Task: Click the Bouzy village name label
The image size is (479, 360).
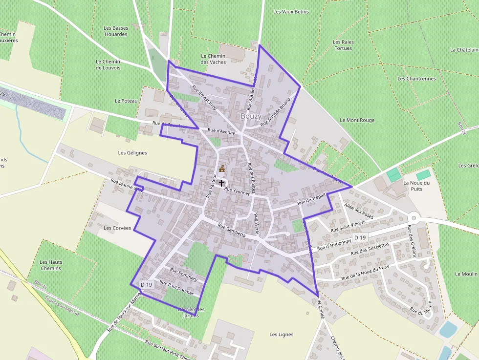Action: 251,116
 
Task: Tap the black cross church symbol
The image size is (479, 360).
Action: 221,183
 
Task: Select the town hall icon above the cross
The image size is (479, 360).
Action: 222,169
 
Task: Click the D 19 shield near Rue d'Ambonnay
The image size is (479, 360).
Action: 360,237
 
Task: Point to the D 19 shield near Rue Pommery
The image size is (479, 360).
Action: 146,284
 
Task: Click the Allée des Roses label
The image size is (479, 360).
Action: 359,212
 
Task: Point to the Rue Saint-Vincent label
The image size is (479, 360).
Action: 348,227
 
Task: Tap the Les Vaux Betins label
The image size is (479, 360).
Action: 291,12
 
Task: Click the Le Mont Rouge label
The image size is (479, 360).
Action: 357,120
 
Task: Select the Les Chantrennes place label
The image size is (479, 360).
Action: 416,78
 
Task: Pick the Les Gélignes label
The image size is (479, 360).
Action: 132,152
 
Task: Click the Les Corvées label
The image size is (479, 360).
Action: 117,228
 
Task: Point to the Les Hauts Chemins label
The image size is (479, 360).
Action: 51,265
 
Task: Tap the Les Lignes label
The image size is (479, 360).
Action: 282,335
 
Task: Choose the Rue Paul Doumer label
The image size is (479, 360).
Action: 177,288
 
